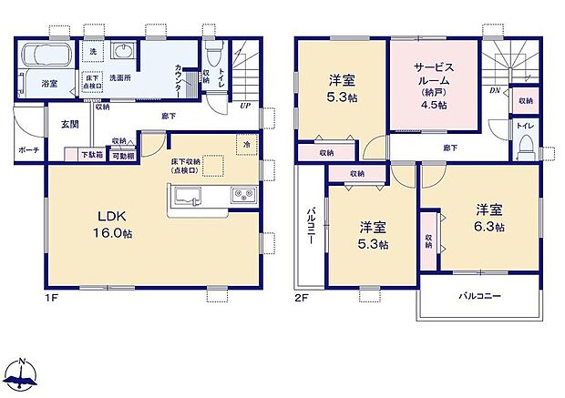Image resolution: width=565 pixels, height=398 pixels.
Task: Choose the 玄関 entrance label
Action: point(70,124)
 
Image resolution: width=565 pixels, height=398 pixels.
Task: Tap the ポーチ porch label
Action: point(26,149)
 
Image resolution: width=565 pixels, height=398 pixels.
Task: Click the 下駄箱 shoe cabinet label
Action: point(89,156)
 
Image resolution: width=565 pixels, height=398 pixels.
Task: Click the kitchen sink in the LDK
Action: point(186,194)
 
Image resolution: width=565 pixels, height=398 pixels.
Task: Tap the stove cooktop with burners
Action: point(242,194)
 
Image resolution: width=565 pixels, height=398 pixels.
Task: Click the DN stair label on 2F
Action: point(493,91)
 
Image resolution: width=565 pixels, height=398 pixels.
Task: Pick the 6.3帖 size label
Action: point(488,226)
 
